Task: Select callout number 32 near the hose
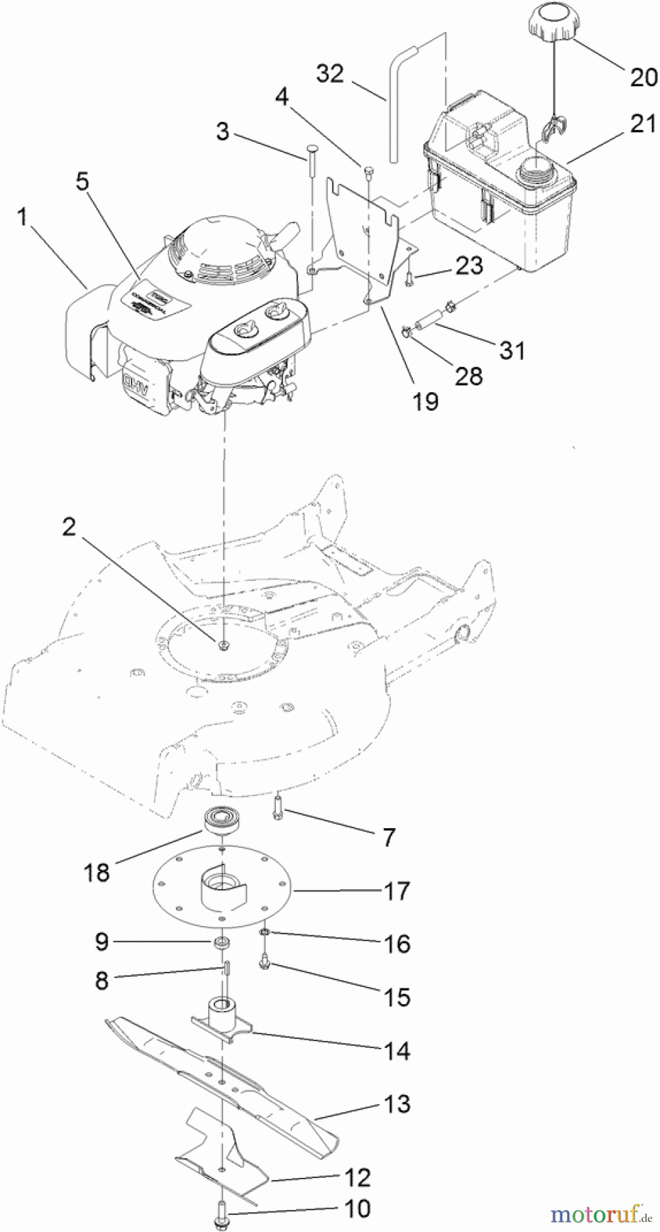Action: (x=330, y=73)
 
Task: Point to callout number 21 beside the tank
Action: (x=642, y=124)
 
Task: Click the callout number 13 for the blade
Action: (x=397, y=1103)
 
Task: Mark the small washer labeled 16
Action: (x=264, y=932)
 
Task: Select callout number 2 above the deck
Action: (x=69, y=526)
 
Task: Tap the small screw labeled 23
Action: (x=409, y=277)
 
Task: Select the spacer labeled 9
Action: (x=222, y=943)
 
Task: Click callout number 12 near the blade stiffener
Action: (x=357, y=1177)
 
